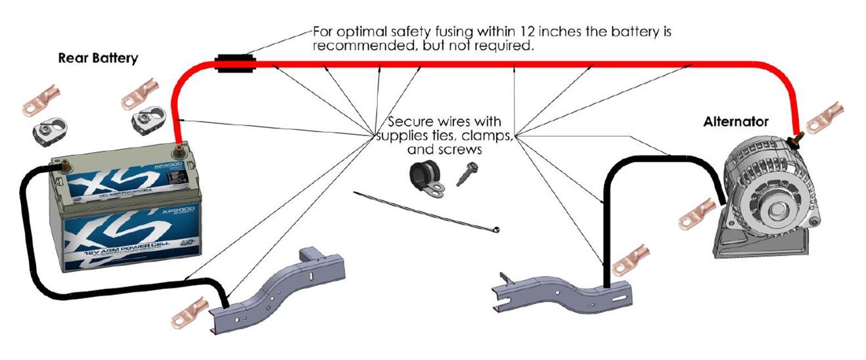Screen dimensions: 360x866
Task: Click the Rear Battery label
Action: (98, 58)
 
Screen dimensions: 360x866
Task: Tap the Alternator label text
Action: (735, 122)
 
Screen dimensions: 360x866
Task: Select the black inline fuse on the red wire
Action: (235, 64)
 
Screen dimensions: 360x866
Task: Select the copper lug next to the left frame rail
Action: (190, 313)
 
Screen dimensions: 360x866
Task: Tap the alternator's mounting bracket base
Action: (756, 246)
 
